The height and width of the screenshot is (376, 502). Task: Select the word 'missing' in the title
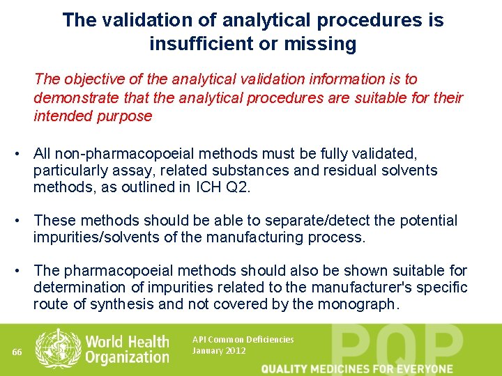321,45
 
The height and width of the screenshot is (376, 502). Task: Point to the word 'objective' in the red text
97,80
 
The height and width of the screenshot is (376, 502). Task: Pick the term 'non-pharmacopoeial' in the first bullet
128,152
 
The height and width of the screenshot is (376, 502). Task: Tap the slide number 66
17,352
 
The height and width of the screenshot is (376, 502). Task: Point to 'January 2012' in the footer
219,351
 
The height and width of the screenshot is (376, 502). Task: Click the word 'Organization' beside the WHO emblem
128,357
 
